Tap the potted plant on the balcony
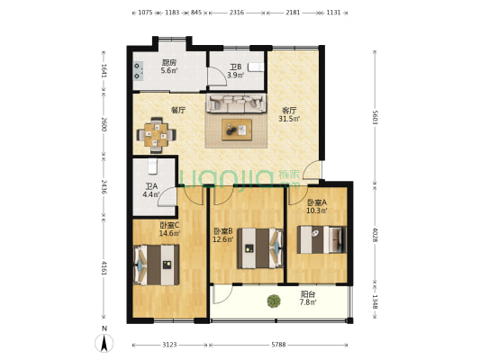(x=274, y=301)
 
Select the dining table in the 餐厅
(x=156, y=135)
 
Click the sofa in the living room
(x=236, y=103)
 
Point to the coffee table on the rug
(x=237, y=130)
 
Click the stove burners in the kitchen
(x=138, y=71)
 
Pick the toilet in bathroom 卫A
(x=152, y=166)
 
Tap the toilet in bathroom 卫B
(x=255, y=67)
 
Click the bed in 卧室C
(x=157, y=265)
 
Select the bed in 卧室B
(x=260, y=248)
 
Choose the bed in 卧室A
(x=322, y=239)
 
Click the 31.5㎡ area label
(x=289, y=119)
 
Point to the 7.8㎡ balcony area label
(x=308, y=302)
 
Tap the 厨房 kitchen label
(x=169, y=62)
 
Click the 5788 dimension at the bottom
(x=278, y=345)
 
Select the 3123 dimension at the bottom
(x=169, y=345)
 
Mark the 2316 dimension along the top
(x=237, y=13)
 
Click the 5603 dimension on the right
(x=375, y=117)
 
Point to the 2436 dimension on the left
(x=104, y=187)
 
